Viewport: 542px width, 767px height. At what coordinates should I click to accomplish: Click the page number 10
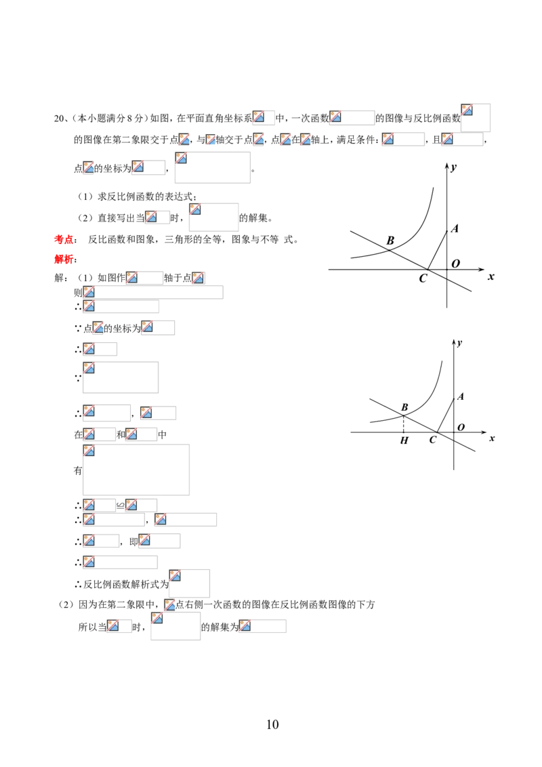(x=272, y=724)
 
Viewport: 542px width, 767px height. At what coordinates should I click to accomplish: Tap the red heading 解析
(x=64, y=259)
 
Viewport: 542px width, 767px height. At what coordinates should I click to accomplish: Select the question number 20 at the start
(x=59, y=118)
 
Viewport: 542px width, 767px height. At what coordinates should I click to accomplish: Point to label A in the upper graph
(x=455, y=228)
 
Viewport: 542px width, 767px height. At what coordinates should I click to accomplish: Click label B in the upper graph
(x=390, y=241)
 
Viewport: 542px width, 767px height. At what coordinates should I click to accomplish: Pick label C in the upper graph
(x=423, y=278)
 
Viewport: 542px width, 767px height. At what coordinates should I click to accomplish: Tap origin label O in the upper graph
(x=456, y=264)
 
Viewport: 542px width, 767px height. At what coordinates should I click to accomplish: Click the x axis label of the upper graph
(x=491, y=277)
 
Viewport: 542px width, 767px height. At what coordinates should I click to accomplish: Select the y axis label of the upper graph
(x=454, y=167)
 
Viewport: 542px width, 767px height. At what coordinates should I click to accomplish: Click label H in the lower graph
(x=404, y=440)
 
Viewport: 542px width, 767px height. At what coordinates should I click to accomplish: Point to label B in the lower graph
(x=404, y=407)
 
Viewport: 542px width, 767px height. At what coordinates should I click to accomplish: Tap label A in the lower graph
(x=460, y=396)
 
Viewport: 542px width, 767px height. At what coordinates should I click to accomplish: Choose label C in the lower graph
(x=432, y=440)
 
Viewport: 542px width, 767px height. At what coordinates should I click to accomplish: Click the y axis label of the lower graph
(x=460, y=343)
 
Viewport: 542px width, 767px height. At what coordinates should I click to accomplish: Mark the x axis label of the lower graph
(x=492, y=438)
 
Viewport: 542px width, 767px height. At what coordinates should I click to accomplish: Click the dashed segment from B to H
(x=404, y=423)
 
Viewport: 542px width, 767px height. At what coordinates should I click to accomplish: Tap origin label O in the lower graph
(x=461, y=428)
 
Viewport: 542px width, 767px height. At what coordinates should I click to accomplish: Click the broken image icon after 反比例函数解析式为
(x=175, y=576)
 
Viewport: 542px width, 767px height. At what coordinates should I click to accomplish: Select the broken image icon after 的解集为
(x=245, y=625)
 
